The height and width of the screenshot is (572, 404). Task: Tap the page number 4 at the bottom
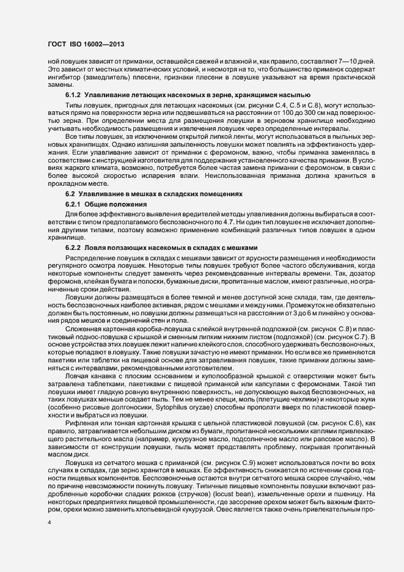50,523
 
